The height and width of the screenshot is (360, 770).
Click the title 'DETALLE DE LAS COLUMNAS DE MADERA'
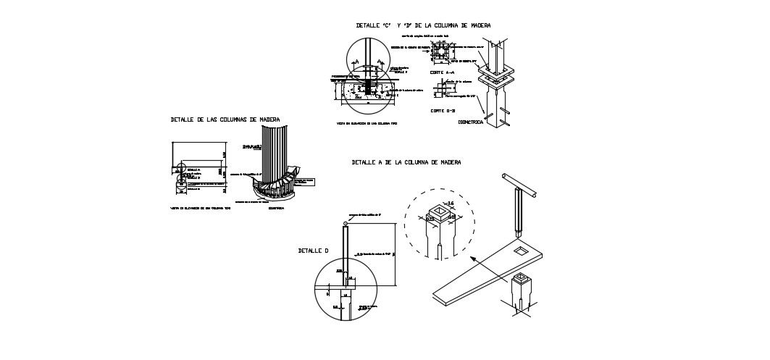[225, 120]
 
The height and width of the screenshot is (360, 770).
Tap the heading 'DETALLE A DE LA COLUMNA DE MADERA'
[406, 163]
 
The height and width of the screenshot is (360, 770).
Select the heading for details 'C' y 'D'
[423, 25]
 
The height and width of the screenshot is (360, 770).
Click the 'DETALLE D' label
[313, 251]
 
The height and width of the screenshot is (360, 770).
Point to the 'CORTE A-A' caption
[442, 73]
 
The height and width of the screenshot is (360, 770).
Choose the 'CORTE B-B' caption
[442, 111]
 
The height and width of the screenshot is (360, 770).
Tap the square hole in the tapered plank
[521, 251]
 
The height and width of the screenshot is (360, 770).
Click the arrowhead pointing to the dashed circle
[472, 258]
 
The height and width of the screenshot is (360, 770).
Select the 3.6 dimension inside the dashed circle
[450, 204]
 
